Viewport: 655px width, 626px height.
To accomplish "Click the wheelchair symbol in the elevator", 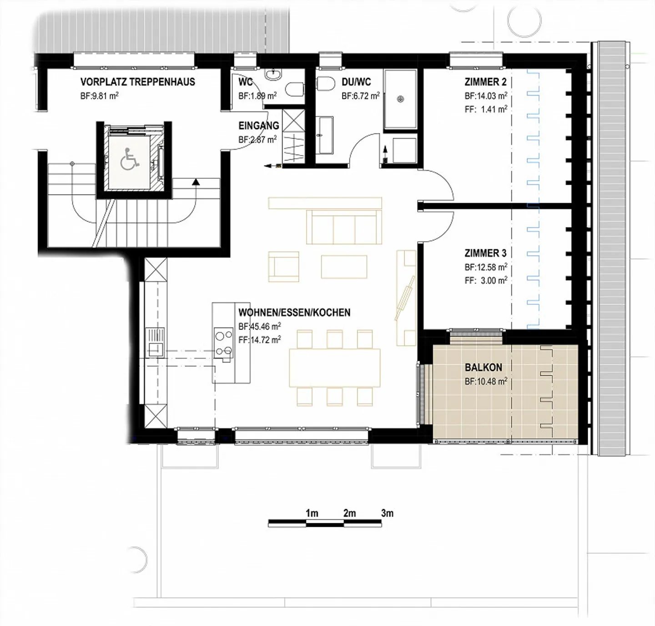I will point(131,160).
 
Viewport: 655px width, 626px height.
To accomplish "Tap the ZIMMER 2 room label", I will point(485,82).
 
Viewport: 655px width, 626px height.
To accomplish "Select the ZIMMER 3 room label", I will point(485,253).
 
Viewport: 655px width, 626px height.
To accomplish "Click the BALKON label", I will point(483,367).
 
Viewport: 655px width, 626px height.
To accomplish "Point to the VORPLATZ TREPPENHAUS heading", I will point(137,82).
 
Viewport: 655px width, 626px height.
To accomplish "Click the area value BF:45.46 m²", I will point(259,327).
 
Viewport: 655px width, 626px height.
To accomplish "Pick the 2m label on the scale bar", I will point(349,513).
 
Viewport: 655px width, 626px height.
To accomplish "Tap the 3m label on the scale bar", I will point(387,513).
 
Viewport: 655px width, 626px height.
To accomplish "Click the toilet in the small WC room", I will point(296,89).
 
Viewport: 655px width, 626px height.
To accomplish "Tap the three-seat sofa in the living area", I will point(344,227).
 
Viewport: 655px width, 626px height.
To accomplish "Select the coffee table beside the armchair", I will point(344,267).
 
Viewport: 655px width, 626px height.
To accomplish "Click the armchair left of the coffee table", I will point(284,267).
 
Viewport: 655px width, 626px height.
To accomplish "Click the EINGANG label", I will point(259,126).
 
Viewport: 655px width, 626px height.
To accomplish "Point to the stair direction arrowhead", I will point(196,182).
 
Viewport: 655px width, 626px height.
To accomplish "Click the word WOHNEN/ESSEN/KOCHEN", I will point(294,313).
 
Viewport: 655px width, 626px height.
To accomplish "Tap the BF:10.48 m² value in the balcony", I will point(486,382).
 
